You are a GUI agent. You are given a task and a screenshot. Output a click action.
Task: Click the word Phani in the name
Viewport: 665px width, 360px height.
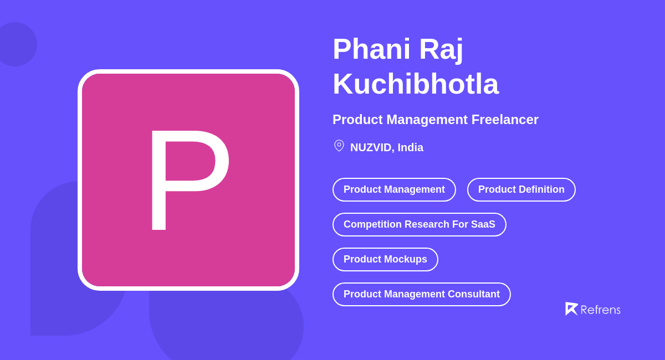coord(371,49)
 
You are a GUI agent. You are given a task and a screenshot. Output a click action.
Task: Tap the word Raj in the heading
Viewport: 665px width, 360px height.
coord(441,49)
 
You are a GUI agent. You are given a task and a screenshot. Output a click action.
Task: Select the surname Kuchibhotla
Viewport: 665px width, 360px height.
coord(416,84)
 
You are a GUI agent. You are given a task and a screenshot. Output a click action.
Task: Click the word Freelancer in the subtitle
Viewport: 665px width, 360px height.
coord(505,120)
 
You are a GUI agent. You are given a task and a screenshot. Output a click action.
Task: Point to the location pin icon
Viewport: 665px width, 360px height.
coord(339,146)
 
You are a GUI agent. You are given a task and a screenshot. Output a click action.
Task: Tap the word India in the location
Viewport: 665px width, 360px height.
coord(410,148)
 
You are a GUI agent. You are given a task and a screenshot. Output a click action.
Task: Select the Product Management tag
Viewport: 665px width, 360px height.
coord(394,190)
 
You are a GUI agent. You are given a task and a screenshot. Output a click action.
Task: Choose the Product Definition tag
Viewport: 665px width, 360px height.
coord(521,190)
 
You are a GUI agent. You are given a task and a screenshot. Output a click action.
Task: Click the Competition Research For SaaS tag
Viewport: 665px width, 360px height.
coord(419,225)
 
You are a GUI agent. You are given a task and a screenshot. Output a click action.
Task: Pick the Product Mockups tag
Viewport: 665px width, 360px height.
coord(385,260)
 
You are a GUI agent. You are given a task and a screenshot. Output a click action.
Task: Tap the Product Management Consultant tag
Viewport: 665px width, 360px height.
coord(421,295)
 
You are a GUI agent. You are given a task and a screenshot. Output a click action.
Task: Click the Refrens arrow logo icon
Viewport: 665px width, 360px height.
coord(571,308)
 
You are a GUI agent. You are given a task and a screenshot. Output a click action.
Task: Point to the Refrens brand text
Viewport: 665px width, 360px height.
coord(600,310)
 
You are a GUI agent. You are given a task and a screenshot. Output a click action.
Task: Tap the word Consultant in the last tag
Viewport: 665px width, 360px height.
coord(472,295)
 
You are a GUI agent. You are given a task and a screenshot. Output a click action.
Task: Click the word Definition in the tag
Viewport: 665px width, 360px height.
coord(541,190)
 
